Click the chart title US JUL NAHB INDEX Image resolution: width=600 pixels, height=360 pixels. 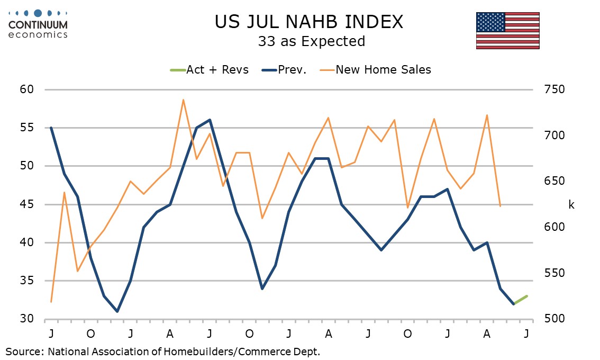(x=309, y=22)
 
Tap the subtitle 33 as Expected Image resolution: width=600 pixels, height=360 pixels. (x=312, y=41)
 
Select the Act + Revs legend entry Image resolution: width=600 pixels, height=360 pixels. (x=210, y=70)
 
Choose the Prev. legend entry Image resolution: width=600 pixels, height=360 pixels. (x=284, y=70)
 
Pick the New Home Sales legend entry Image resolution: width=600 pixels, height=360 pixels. (x=375, y=70)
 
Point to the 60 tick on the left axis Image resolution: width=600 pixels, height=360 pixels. (x=27, y=89)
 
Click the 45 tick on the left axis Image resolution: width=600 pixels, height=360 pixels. (x=27, y=204)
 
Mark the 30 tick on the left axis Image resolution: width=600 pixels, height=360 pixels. (x=27, y=319)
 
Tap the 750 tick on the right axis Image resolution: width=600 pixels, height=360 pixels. (x=554, y=89)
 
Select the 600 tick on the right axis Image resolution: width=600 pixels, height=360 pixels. (x=554, y=227)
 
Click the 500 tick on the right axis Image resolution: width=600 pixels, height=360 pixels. (x=554, y=319)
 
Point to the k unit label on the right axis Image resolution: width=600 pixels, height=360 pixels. (x=571, y=205)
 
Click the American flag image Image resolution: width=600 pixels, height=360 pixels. (x=508, y=31)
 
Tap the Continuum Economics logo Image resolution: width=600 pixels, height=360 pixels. (x=38, y=24)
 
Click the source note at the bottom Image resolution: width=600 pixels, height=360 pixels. (x=162, y=352)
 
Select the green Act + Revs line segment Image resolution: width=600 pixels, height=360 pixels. (x=521, y=300)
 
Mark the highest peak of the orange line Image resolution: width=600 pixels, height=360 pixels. (x=183, y=100)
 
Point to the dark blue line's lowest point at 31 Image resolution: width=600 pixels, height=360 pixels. (x=117, y=311)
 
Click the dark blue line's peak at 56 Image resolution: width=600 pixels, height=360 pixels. (x=210, y=120)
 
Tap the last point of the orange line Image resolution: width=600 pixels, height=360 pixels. (x=500, y=206)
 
